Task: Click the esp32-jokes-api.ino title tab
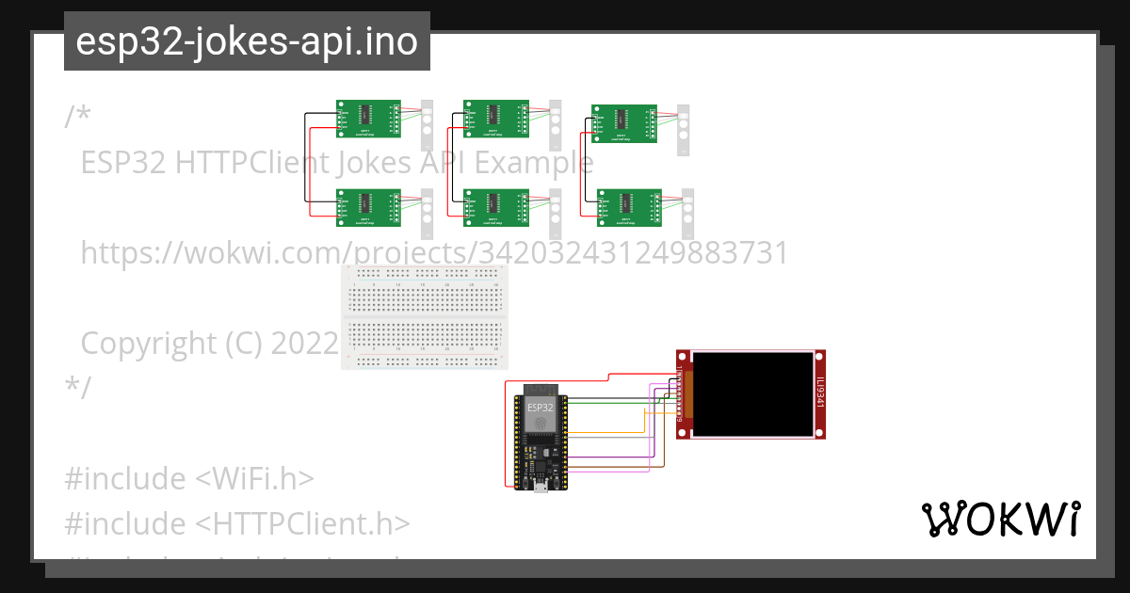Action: (x=247, y=41)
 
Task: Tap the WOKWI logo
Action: (x=1000, y=519)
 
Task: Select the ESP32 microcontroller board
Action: (x=541, y=438)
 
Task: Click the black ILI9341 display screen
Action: (x=752, y=393)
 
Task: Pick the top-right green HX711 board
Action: (x=622, y=124)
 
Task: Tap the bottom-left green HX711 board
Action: (x=368, y=208)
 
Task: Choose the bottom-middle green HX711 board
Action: (x=495, y=208)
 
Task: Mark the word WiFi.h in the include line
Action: (x=253, y=479)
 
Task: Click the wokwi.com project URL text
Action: (x=433, y=253)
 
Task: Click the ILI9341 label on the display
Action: (x=820, y=393)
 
